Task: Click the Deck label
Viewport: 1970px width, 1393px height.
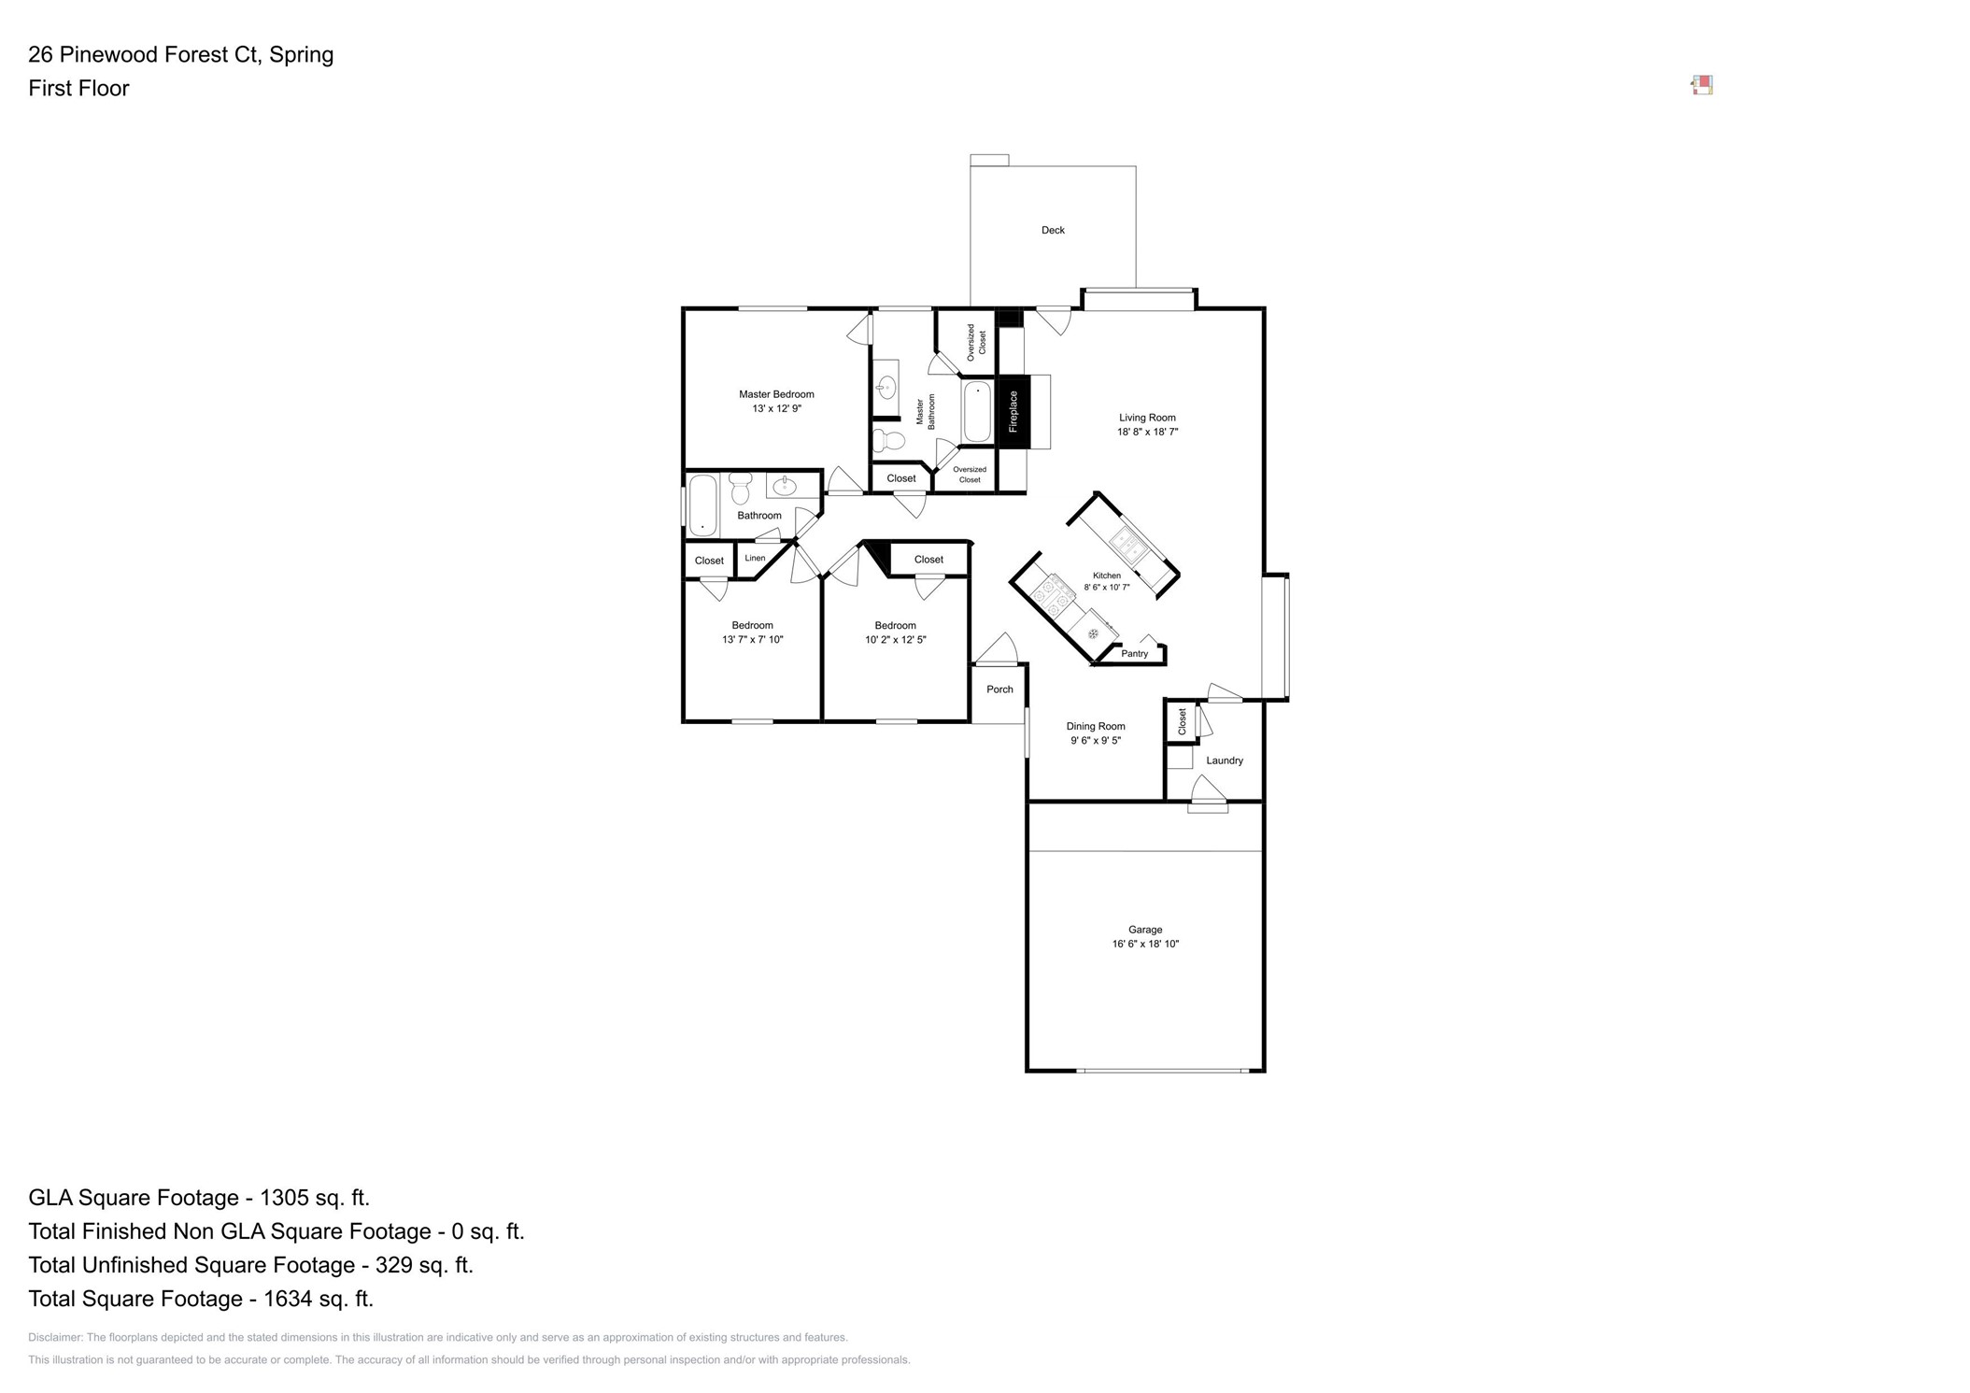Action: coord(1053,230)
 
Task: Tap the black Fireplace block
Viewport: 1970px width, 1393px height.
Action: coord(1013,412)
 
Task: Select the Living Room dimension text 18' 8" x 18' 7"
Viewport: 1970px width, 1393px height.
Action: coord(1147,433)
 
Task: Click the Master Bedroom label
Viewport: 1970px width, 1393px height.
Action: coord(776,394)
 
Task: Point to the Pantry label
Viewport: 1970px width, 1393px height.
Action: coord(1134,654)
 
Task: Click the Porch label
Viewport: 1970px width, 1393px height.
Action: coord(999,689)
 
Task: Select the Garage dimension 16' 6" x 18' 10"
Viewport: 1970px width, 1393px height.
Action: coord(1145,945)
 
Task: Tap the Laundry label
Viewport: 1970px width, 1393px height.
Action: coord(1224,760)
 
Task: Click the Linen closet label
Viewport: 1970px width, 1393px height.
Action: coord(755,559)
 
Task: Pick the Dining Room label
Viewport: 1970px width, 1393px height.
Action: coord(1096,726)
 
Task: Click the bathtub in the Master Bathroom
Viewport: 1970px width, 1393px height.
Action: coord(977,412)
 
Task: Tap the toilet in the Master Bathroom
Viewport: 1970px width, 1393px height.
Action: coord(889,440)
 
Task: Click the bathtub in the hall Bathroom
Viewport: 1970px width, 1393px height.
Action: coord(702,505)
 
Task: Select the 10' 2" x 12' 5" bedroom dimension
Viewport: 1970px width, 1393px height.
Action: coord(895,640)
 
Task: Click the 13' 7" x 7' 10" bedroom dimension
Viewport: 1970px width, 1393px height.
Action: coord(752,640)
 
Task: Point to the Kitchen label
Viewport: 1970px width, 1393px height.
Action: coord(1107,576)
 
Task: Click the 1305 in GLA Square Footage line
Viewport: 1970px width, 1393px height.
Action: coord(285,1198)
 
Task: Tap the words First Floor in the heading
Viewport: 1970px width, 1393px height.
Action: coord(78,89)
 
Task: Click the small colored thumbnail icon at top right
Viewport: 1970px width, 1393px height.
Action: coord(1702,86)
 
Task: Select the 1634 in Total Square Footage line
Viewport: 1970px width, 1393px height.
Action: coord(290,1299)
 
